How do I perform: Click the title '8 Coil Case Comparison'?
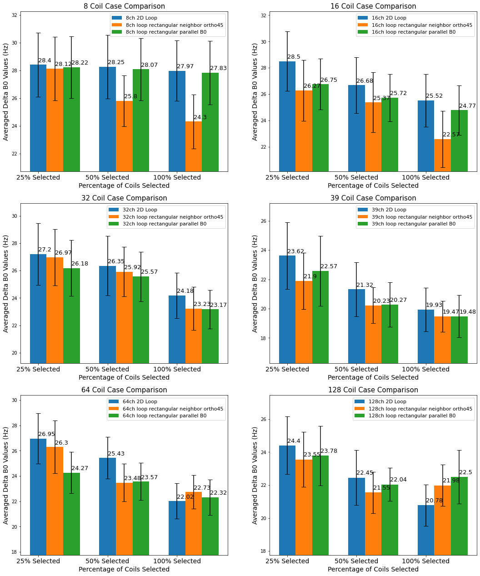[124, 6]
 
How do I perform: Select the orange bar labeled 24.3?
[194, 146]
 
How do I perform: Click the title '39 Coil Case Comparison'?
[373, 198]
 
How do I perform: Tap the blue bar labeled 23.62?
[287, 309]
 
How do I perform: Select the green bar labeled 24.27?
[71, 514]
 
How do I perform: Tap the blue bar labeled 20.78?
[425, 530]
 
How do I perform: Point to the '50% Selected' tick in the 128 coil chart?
[356, 561]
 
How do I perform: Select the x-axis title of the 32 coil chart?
[124, 377]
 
